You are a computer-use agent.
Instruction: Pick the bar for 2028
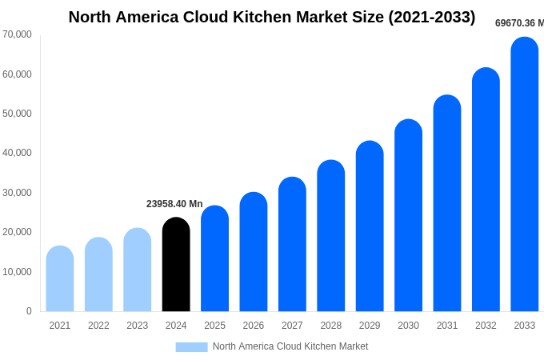pyautogui.click(x=331, y=236)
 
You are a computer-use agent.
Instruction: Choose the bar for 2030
pyautogui.click(x=408, y=215)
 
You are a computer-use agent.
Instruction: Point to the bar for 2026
pyautogui.click(x=254, y=252)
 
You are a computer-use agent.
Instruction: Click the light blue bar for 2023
pyautogui.click(x=138, y=270)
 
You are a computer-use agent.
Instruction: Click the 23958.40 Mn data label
pyautogui.click(x=174, y=204)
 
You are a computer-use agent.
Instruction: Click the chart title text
pyautogui.click(x=272, y=17)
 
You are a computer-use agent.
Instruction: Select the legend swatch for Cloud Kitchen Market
pyautogui.click(x=191, y=346)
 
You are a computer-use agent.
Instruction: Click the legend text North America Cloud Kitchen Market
pyautogui.click(x=290, y=346)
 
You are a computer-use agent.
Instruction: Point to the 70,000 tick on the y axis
pyautogui.click(x=17, y=34)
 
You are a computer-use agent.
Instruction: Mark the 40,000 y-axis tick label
pyautogui.click(x=17, y=153)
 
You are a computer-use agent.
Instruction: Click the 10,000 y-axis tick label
pyautogui.click(x=17, y=272)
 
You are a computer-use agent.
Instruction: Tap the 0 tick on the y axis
pyautogui.click(x=29, y=311)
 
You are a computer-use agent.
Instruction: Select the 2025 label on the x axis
pyautogui.click(x=214, y=326)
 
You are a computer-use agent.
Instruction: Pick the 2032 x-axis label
pyautogui.click(x=486, y=326)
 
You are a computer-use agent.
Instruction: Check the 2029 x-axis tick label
pyautogui.click(x=370, y=326)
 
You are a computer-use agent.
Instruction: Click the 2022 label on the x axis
pyautogui.click(x=98, y=326)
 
